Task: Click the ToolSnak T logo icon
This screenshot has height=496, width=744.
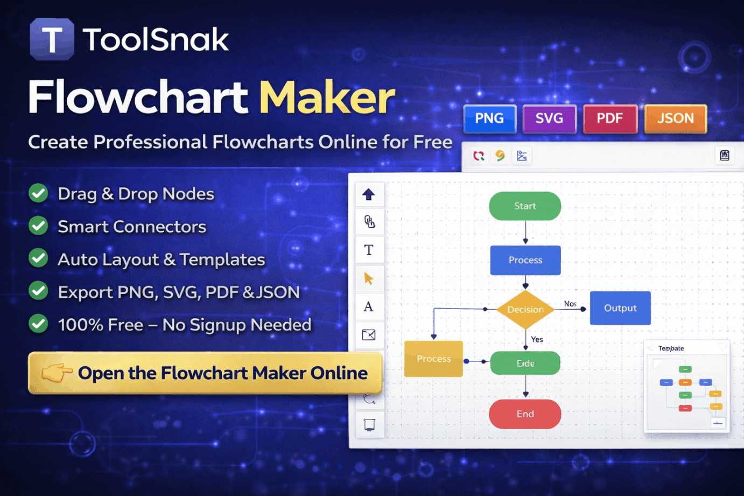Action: click(52, 39)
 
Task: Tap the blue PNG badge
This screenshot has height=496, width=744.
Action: click(489, 118)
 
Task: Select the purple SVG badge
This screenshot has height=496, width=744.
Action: click(549, 118)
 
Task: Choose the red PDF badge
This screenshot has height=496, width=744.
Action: click(609, 118)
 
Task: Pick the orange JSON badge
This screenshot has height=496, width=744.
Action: click(675, 118)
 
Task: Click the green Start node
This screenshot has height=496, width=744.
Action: click(525, 206)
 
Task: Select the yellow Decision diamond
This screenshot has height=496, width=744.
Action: click(525, 309)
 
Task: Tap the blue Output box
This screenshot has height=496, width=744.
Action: click(620, 308)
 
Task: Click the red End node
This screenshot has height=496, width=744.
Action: click(525, 414)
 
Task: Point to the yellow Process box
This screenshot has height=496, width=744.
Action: click(433, 359)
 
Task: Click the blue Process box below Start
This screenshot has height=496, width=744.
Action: click(525, 260)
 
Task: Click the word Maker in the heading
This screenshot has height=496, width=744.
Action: click(327, 97)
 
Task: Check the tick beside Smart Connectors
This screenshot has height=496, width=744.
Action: click(38, 226)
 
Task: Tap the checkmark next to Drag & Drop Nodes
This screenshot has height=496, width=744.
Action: click(38, 193)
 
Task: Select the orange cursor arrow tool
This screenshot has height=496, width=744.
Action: click(369, 278)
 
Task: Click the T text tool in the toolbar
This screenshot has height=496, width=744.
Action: click(369, 250)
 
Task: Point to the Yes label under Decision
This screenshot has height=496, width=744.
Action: click(537, 339)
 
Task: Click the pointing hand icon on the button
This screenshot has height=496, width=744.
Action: click(57, 372)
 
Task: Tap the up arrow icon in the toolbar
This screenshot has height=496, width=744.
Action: click(369, 194)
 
